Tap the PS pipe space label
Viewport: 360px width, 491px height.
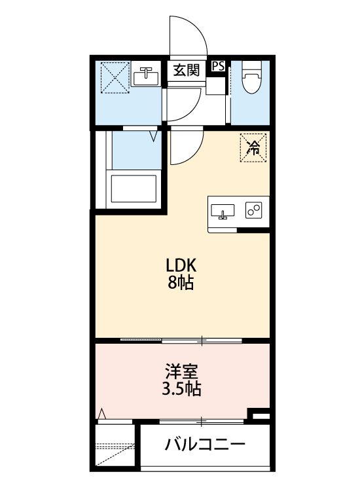click(x=219, y=66)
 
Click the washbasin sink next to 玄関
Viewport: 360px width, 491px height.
click(x=146, y=77)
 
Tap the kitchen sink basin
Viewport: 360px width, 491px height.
click(x=224, y=211)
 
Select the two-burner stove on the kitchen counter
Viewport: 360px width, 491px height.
click(x=253, y=210)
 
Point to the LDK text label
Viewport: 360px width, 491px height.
click(x=181, y=266)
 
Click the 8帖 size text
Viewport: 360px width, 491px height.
click(x=181, y=283)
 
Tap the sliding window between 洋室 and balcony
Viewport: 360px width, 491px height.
click(x=203, y=420)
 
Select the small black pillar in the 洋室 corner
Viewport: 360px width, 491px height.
click(x=260, y=414)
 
